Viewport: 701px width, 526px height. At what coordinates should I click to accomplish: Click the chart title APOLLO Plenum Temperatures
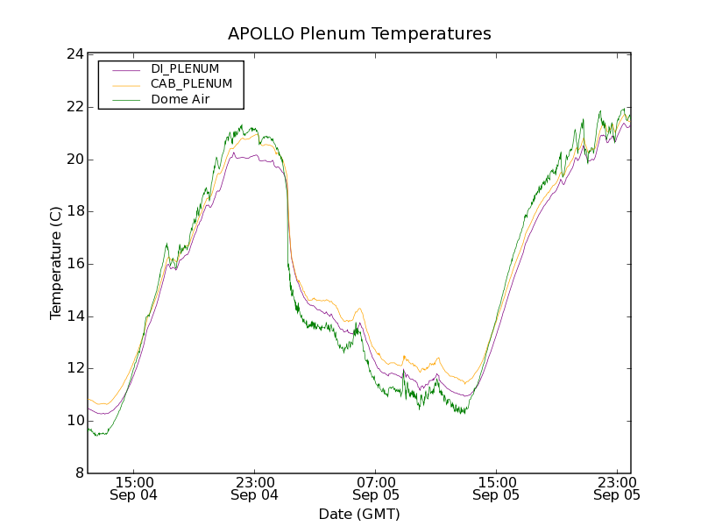coord(359,34)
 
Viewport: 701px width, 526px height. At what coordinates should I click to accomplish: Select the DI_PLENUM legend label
coord(185,68)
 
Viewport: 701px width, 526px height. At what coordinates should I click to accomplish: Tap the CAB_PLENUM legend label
coord(191,83)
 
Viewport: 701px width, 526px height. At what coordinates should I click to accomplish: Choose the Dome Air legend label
coord(180,99)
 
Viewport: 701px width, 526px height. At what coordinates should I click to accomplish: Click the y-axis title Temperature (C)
coord(56,264)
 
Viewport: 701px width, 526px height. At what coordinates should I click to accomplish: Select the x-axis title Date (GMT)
coord(359,514)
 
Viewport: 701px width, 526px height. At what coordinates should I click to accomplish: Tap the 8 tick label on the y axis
coord(77,473)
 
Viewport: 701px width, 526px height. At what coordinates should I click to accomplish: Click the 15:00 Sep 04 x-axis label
coord(135,488)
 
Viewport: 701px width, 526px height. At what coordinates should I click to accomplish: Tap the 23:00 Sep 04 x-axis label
coord(255,488)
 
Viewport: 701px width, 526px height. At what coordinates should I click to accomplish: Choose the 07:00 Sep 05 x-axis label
coord(376,488)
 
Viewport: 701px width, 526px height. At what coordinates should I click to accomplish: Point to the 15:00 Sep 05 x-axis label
coord(496,488)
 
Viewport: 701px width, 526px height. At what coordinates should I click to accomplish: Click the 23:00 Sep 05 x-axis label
coord(617,488)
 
